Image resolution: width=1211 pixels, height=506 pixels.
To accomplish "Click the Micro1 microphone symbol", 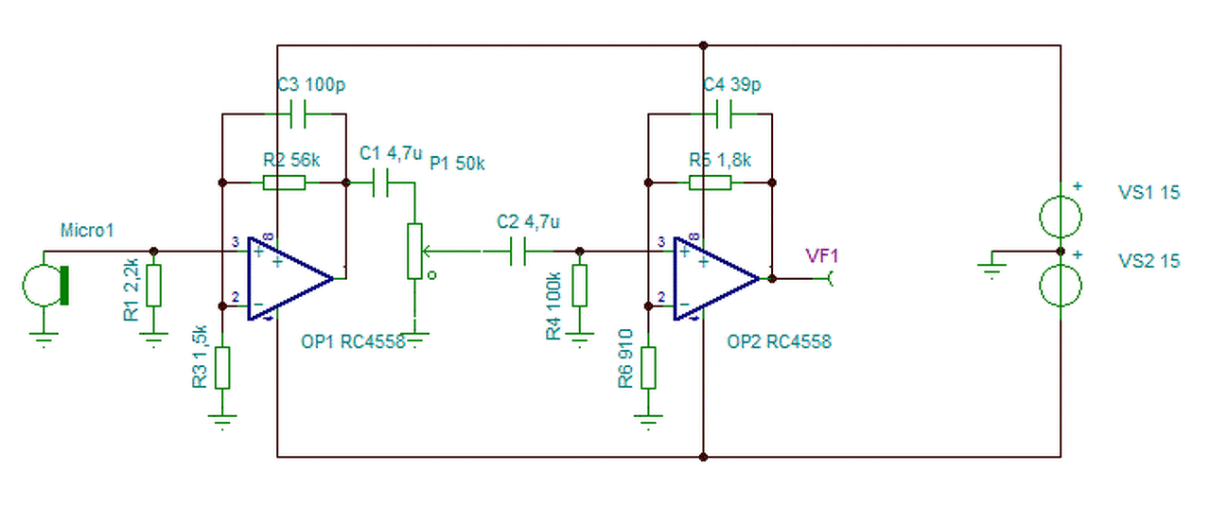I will click(45, 285).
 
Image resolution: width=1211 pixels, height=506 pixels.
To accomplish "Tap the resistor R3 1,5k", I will click(222, 368).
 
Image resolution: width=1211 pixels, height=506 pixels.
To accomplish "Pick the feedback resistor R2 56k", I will click(285, 182).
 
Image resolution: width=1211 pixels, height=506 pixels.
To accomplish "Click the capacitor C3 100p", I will click(299, 113).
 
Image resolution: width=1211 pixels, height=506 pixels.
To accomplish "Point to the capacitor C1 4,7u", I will click(381, 183).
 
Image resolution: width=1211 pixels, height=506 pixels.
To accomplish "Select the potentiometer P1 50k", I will click(414, 252).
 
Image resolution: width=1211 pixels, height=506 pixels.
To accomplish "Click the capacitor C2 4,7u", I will click(518, 252).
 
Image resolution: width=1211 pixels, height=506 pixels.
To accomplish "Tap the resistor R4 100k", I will click(580, 286).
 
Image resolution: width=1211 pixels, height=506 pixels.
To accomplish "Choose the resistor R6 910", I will click(648, 368).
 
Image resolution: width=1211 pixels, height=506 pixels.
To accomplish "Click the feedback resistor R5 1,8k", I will click(711, 182).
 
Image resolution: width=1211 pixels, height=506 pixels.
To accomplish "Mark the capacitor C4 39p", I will click(725, 113).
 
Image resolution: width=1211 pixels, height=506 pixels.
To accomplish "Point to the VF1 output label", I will click(822, 255).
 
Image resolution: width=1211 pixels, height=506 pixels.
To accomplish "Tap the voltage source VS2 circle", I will click(1060, 287).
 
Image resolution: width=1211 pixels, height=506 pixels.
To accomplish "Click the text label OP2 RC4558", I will click(779, 342).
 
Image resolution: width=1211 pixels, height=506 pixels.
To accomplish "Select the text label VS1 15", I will click(1149, 192).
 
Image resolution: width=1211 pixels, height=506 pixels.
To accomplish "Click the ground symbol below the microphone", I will click(44, 338).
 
